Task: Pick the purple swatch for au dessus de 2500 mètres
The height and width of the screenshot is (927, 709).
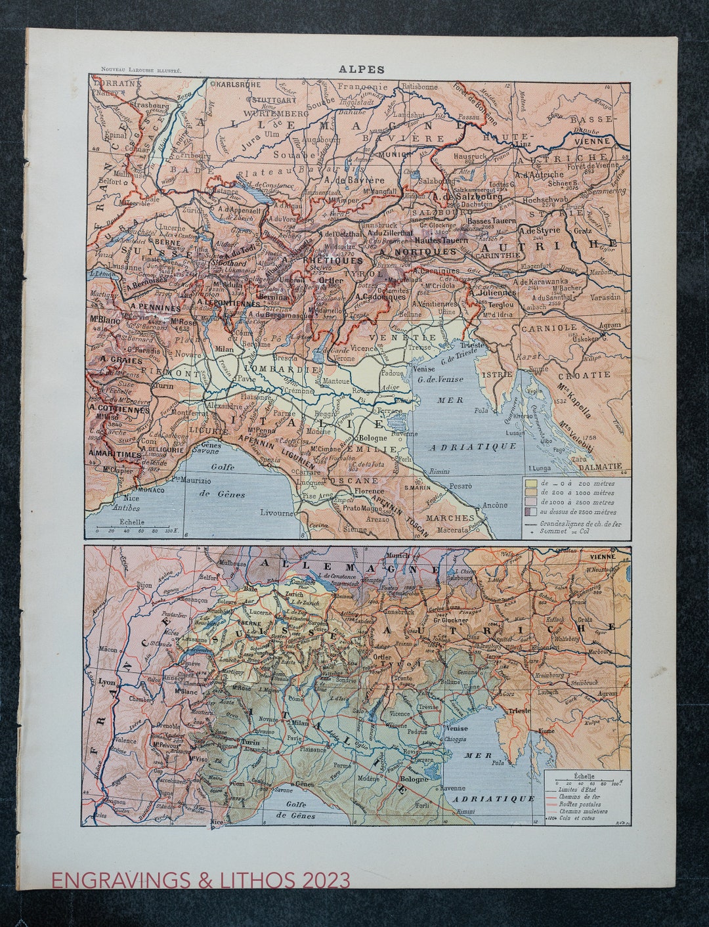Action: click(529, 511)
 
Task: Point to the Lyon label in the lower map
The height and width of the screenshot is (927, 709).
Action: click(106, 682)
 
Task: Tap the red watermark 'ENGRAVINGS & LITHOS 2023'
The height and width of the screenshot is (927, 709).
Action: click(201, 880)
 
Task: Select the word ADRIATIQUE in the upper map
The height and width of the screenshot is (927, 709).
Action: click(473, 446)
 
